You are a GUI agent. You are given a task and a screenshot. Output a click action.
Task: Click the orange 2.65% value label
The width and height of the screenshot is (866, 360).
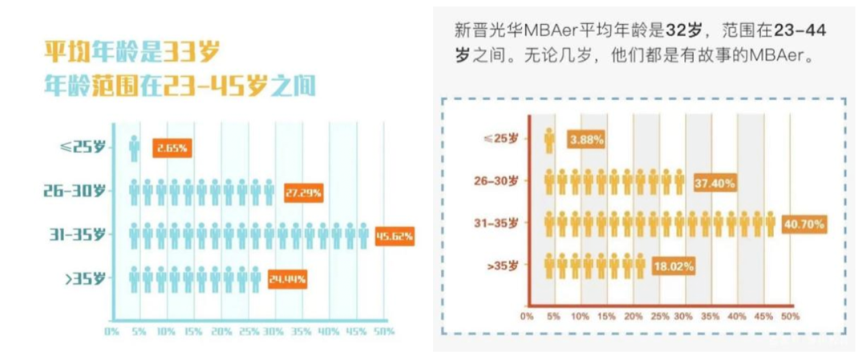[x=172, y=149]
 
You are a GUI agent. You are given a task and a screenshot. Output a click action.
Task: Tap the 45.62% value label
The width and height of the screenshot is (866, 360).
[x=395, y=236]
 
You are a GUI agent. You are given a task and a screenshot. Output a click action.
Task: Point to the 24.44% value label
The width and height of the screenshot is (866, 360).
[x=287, y=279]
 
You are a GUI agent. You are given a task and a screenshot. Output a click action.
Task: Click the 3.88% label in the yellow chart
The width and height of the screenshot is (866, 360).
[x=586, y=140]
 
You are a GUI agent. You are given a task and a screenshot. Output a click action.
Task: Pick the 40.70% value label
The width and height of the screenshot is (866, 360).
[x=803, y=224]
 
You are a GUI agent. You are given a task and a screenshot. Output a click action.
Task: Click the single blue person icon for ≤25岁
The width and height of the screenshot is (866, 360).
[x=134, y=149]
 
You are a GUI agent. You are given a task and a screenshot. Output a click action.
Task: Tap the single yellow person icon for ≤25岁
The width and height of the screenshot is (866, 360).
[x=549, y=140]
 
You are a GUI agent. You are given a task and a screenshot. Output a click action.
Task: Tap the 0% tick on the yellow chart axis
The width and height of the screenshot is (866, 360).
[x=527, y=317]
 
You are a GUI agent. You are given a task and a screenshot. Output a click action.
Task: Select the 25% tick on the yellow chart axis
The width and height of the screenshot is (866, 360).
[x=659, y=317]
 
